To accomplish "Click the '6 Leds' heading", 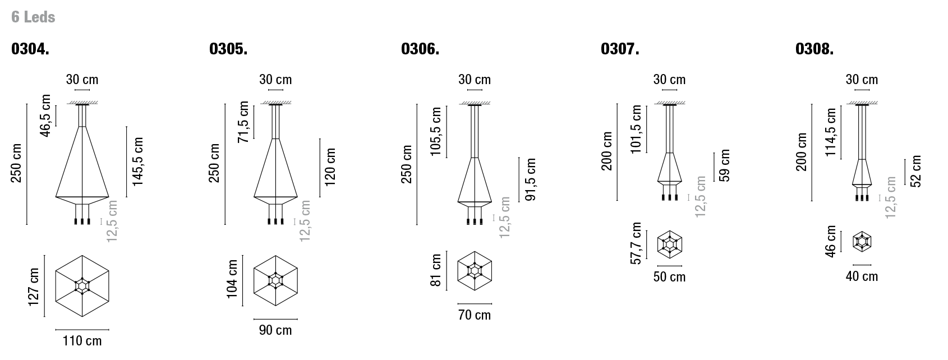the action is (33, 17).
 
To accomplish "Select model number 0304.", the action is (30, 49).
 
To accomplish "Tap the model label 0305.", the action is (228, 49).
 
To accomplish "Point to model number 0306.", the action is (420, 49).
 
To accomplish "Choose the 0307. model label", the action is (620, 49).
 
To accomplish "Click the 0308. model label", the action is (814, 49).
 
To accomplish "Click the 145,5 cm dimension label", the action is (138, 161).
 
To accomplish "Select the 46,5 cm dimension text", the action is (45, 116).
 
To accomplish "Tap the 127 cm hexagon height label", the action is (34, 287).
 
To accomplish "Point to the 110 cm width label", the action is (82, 341).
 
